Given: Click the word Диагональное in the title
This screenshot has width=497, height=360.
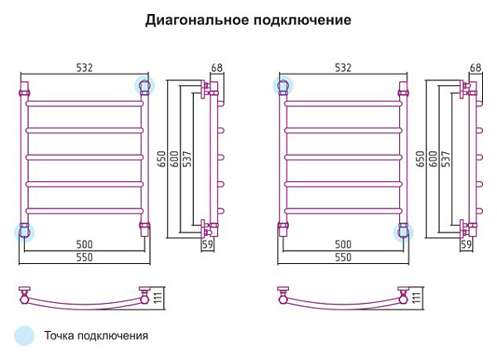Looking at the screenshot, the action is pos(197,20).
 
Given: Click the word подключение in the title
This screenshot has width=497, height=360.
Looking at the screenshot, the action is pos(302,20).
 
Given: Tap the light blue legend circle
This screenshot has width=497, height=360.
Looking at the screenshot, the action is pos(24,336).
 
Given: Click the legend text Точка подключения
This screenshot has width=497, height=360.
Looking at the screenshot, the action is pos(96,336).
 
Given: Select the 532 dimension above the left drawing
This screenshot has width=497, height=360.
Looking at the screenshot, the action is pos(84,67).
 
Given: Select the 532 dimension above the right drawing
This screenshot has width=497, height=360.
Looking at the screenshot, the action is pos(343,67).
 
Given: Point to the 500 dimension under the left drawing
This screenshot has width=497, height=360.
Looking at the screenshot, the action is pos(84,244).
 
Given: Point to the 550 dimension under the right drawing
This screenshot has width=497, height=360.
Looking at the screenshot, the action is pos(343,257).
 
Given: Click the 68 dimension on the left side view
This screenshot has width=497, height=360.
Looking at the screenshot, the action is pos(217,67).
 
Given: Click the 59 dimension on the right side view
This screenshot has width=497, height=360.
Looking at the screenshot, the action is pos(466,244).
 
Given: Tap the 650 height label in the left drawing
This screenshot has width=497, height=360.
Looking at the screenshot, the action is pos(162,159).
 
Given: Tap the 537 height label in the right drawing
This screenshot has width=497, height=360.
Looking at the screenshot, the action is pos(446,159).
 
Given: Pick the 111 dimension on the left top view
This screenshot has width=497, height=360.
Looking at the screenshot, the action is pos(158,298).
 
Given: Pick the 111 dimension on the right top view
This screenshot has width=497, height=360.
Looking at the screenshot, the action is pos(417,298).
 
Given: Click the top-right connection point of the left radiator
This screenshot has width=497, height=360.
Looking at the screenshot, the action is pos(144,86).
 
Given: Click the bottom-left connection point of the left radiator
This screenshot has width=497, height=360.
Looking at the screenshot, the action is pos(24,233).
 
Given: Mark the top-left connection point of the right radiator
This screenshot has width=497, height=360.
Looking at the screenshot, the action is pos(283,86).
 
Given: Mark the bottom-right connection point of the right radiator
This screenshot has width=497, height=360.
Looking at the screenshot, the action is pos(403,233).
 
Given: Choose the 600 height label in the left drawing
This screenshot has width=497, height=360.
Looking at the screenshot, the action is pos(175,159).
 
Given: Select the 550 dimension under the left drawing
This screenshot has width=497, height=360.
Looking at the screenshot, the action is pos(84,257).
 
